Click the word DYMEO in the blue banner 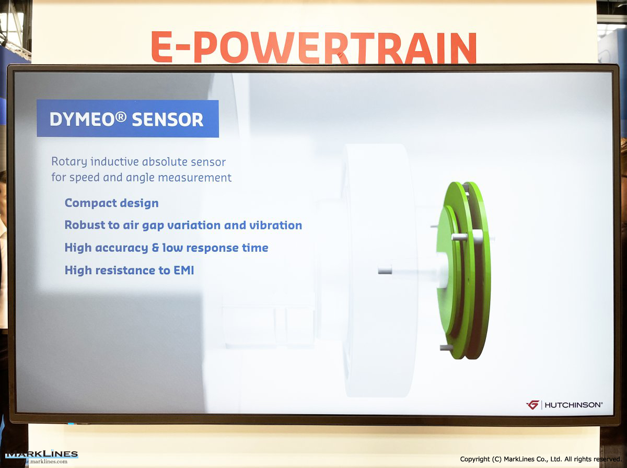tap(82, 120)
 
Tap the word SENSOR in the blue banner tap(168, 120)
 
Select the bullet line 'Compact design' tap(112, 203)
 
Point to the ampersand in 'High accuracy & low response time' tap(155, 248)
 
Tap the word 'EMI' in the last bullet tap(184, 270)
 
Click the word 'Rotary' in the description tap(69, 162)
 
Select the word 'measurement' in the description tap(194, 178)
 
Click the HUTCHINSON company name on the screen tap(574, 405)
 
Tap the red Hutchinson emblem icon tap(533, 405)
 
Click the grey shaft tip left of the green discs tap(385, 270)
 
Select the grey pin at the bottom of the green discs tap(446, 347)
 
